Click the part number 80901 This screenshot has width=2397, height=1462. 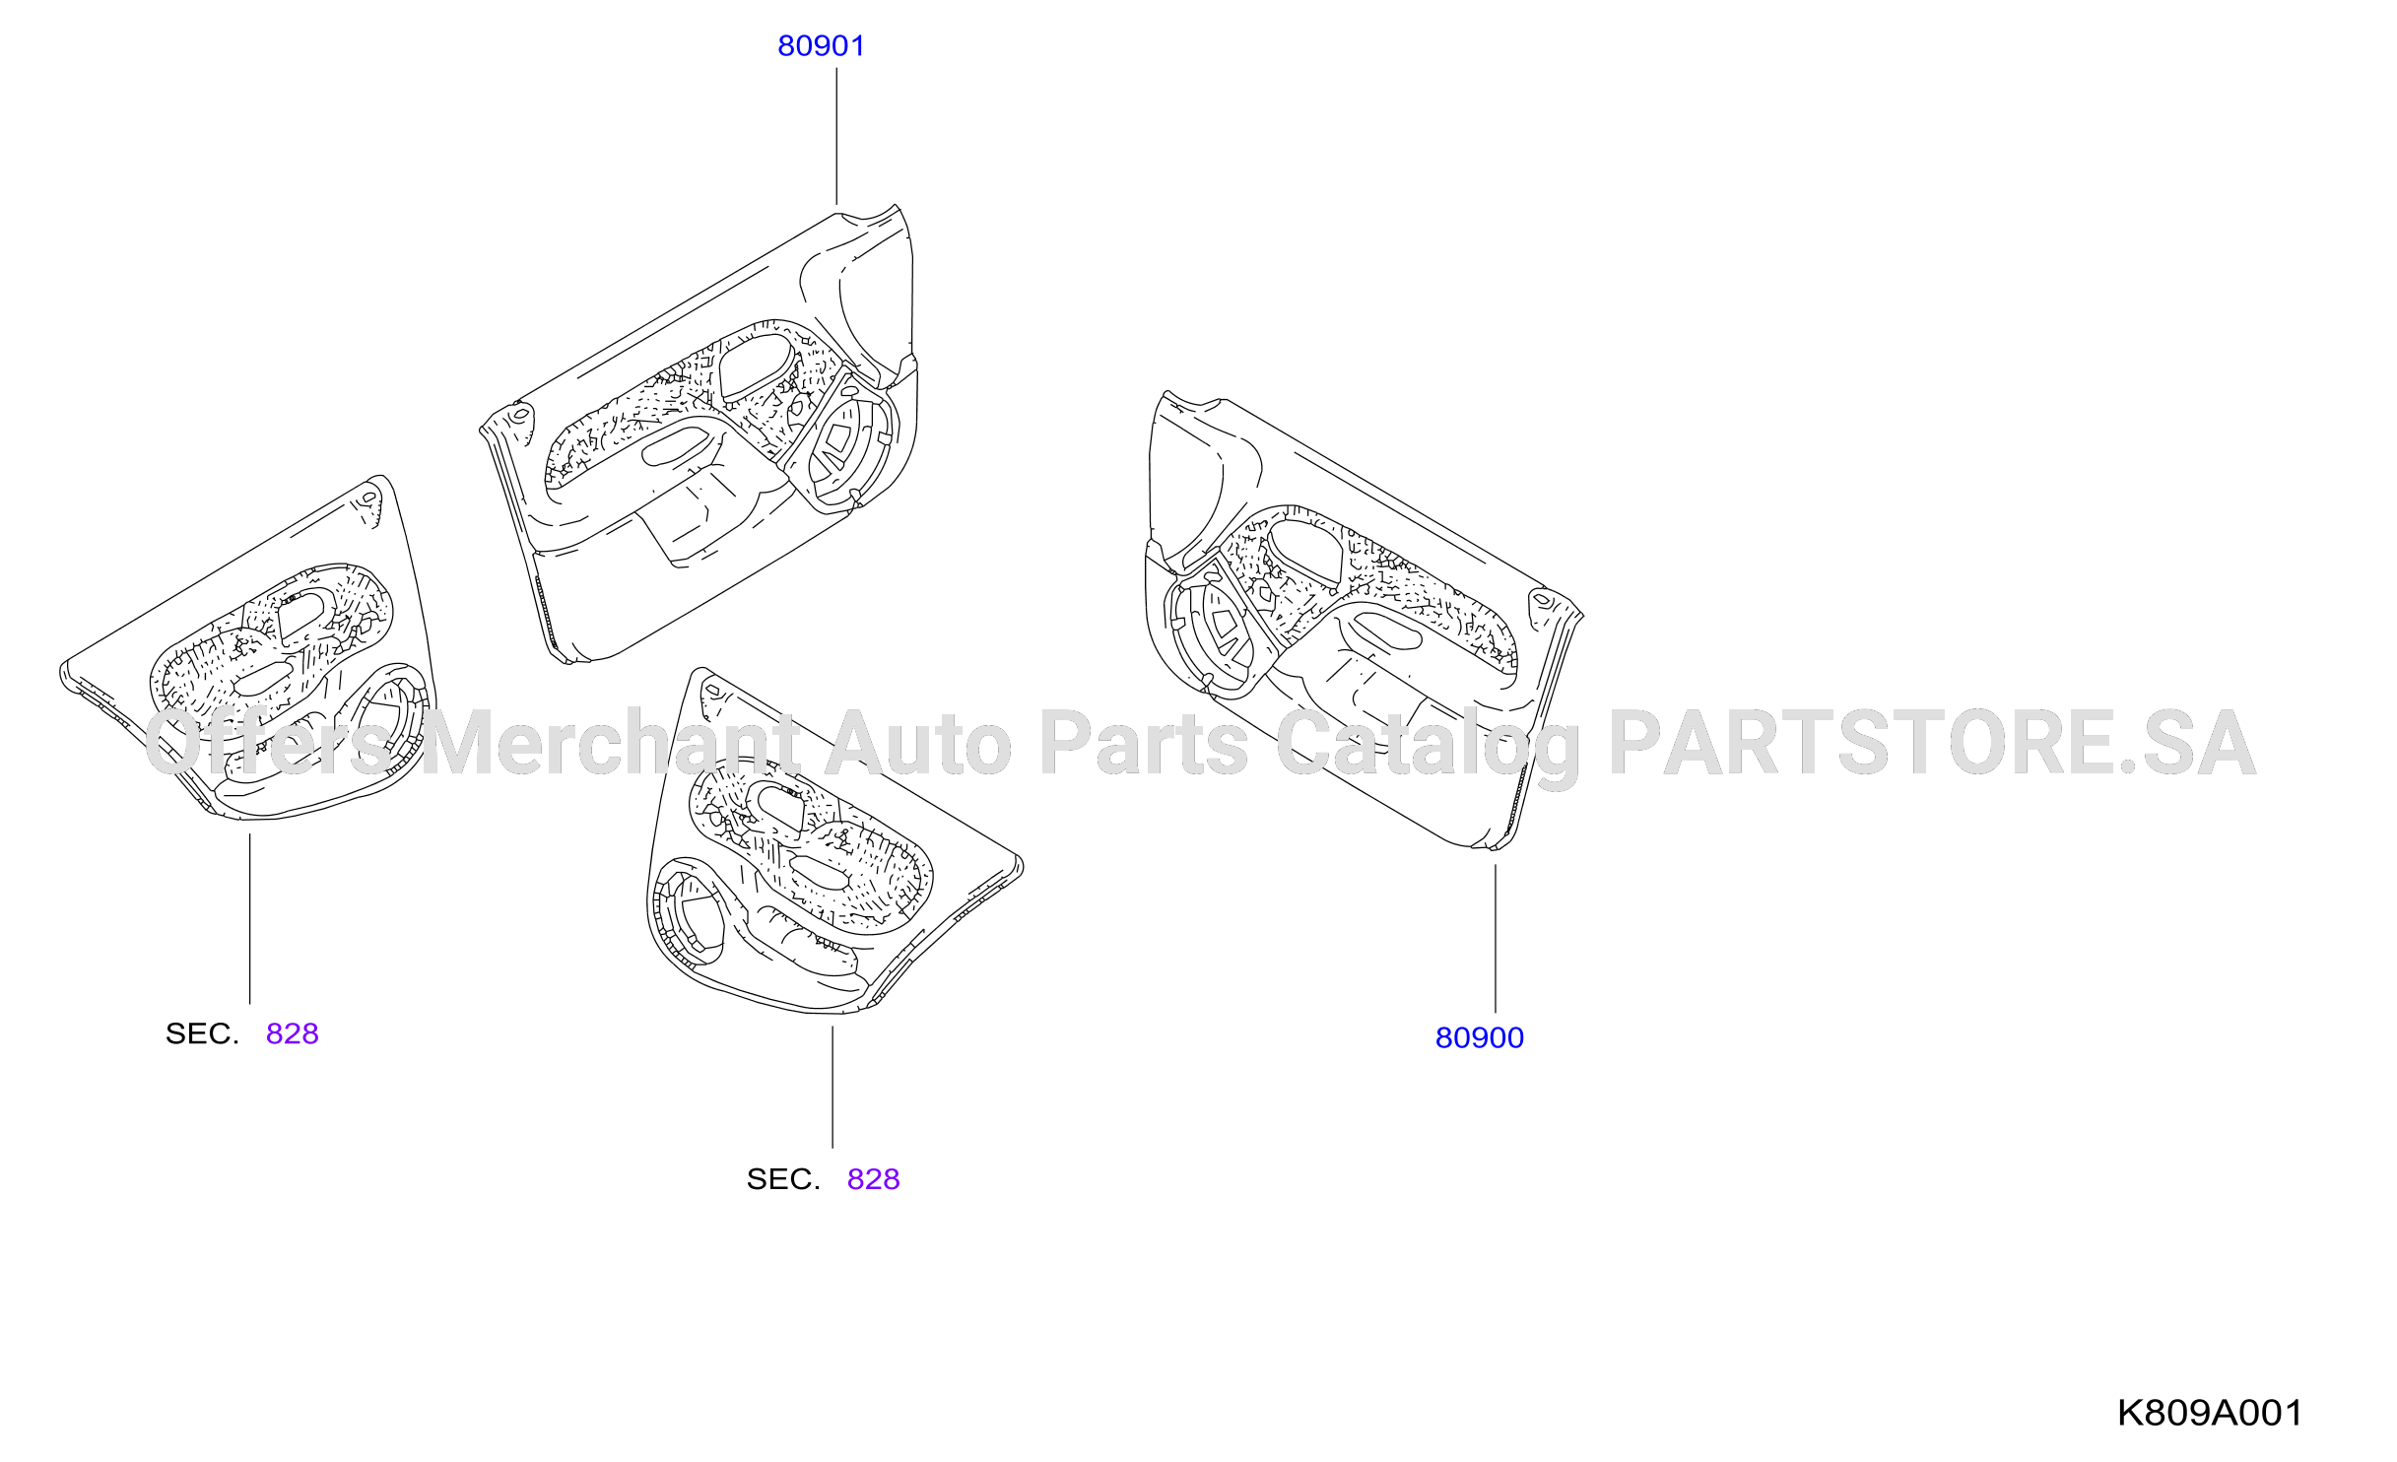(821, 46)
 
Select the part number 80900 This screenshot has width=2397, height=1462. (1479, 1038)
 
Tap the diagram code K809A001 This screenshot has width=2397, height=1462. (2210, 1413)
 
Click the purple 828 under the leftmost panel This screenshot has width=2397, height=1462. (293, 1033)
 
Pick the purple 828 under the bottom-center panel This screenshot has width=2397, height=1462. (873, 1179)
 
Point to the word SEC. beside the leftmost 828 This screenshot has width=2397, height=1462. (202, 1033)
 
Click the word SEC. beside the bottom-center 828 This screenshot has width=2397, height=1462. (783, 1179)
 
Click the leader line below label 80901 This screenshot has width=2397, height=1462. (836, 136)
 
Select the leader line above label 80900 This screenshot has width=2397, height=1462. (1495, 939)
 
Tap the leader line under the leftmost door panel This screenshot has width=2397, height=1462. (249, 919)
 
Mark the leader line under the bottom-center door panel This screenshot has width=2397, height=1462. (832, 1088)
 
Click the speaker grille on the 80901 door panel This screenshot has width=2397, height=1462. (847, 443)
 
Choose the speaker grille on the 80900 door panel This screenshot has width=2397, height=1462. (1213, 632)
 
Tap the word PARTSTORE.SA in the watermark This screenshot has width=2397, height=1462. (1932, 743)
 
